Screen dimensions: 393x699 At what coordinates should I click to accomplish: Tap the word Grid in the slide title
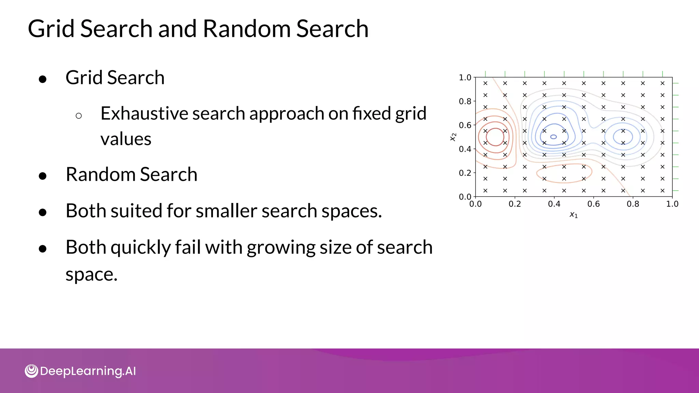(51, 29)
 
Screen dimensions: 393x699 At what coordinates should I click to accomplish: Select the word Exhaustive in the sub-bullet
(144, 113)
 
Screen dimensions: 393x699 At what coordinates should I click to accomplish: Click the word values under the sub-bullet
(126, 139)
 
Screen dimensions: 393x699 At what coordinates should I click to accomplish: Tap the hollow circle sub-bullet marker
(79, 116)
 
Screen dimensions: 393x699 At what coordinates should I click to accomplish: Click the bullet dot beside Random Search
(43, 176)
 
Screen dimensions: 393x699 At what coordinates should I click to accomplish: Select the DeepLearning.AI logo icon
(31, 371)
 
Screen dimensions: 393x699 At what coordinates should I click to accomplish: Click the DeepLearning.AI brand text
(88, 371)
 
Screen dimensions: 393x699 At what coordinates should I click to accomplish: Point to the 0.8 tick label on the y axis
(465, 101)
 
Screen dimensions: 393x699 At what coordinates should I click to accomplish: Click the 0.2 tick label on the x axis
(515, 204)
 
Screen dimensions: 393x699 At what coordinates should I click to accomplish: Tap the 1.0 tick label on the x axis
(672, 204)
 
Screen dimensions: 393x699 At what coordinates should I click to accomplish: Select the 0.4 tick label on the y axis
(465, 149)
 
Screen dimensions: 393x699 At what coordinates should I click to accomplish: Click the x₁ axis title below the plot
(573, 215)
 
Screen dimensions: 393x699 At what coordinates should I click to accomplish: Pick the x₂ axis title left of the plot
(453, 137)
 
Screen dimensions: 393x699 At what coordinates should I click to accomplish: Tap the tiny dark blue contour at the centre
(554, 137)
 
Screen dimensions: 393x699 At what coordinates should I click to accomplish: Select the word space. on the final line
(91, 274)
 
